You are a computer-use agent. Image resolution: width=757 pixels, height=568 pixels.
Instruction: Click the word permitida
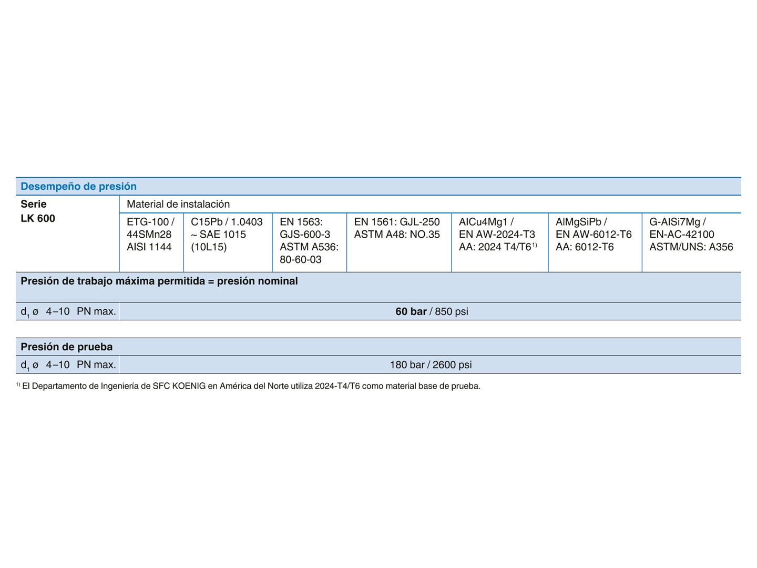pyautogui.click(x=181, y=281)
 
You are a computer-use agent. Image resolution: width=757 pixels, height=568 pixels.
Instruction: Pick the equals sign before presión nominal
pyautogui.click(x=211, y=281)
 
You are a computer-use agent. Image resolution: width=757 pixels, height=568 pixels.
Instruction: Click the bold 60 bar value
pyautogui.click(x=411, y=311)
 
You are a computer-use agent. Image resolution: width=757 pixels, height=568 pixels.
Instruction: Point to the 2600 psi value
pyautogui.click(x=452, y=364)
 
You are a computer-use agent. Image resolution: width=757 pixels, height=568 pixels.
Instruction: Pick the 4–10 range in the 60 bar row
pyautogui.click(x=58, y=311)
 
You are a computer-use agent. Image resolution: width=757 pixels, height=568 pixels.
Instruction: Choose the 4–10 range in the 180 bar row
pyautogui.click(x=58, y=364)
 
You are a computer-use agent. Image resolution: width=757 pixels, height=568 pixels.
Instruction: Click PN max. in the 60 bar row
pyautogui.click(x=96, y=311)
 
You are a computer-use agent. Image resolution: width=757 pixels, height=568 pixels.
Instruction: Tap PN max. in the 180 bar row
pyautogui.click(x=96, y=364)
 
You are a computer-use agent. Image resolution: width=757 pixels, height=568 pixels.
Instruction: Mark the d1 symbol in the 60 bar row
pyautogui.click(x=25, y=312)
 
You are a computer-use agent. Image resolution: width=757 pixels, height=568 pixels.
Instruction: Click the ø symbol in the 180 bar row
pyautogui.click(x=35, y=365)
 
